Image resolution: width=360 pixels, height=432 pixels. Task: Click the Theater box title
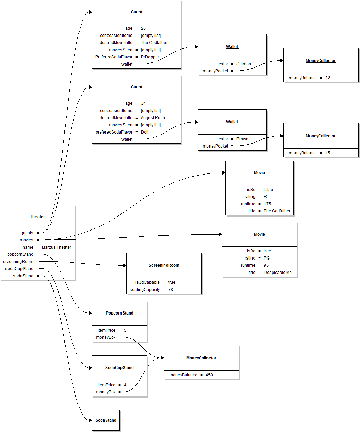pyautogui.click(x=38, y=217)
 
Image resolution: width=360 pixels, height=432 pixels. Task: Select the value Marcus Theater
pyautogui.click(x=56, y=247)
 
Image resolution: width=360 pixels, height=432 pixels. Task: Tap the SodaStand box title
pyautogui.click(x=106, y=420)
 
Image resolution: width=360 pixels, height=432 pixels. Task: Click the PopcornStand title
pyautogui.click(x=119, y=313)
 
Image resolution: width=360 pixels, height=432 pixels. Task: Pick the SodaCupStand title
pyautogui.click(x=119, y=368)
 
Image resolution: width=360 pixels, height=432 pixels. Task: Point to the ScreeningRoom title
pyautogui.click(x=164, y=265)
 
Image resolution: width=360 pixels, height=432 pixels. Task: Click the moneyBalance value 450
pyautogui.click(x=209, y=375)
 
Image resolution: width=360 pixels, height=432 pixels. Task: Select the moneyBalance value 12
pyautogui.click(x=328, y=78)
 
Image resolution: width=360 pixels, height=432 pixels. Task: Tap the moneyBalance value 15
pyautogui.click(x=328, y=153)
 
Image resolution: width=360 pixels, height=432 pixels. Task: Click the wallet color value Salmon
pyautogui.click(x=244, y=64)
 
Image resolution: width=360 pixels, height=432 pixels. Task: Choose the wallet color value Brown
pyautogui.click(x=242, y=139)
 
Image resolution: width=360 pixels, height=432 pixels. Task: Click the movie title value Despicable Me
pyautogui.click(x=277, y=273)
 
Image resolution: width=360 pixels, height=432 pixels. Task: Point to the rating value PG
pyautogui.click(x=267, y=258)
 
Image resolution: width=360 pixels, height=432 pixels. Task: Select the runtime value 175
pyautogui.click(x=267, y=204)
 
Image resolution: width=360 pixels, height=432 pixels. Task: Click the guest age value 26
pyautogui.click(x=143, y=28)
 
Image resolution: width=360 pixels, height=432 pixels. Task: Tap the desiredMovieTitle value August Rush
pyautogui.click(x=153, y=118)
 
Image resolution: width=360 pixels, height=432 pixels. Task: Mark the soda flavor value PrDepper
pyautogui.click(x=150, y=57)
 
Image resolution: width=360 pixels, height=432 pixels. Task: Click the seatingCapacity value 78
pyautogui.click(x=171, y=290)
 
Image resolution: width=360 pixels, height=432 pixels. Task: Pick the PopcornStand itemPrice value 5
pyautogui.click(x=125, y=330)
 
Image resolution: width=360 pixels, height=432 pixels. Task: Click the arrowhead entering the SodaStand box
pyautogui.click(x=90, y=420)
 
